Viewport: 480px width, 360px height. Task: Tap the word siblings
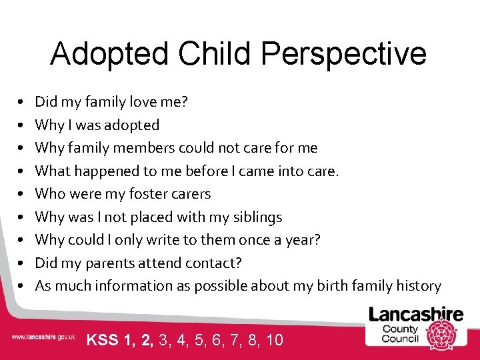[258, 217]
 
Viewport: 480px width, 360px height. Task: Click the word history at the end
[416, 286]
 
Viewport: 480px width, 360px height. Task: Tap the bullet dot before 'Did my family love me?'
[22, 103]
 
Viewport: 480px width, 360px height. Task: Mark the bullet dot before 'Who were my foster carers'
[22, 195]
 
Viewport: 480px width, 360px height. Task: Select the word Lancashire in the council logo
[416, 314]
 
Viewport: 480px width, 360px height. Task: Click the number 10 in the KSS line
[274, 340]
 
